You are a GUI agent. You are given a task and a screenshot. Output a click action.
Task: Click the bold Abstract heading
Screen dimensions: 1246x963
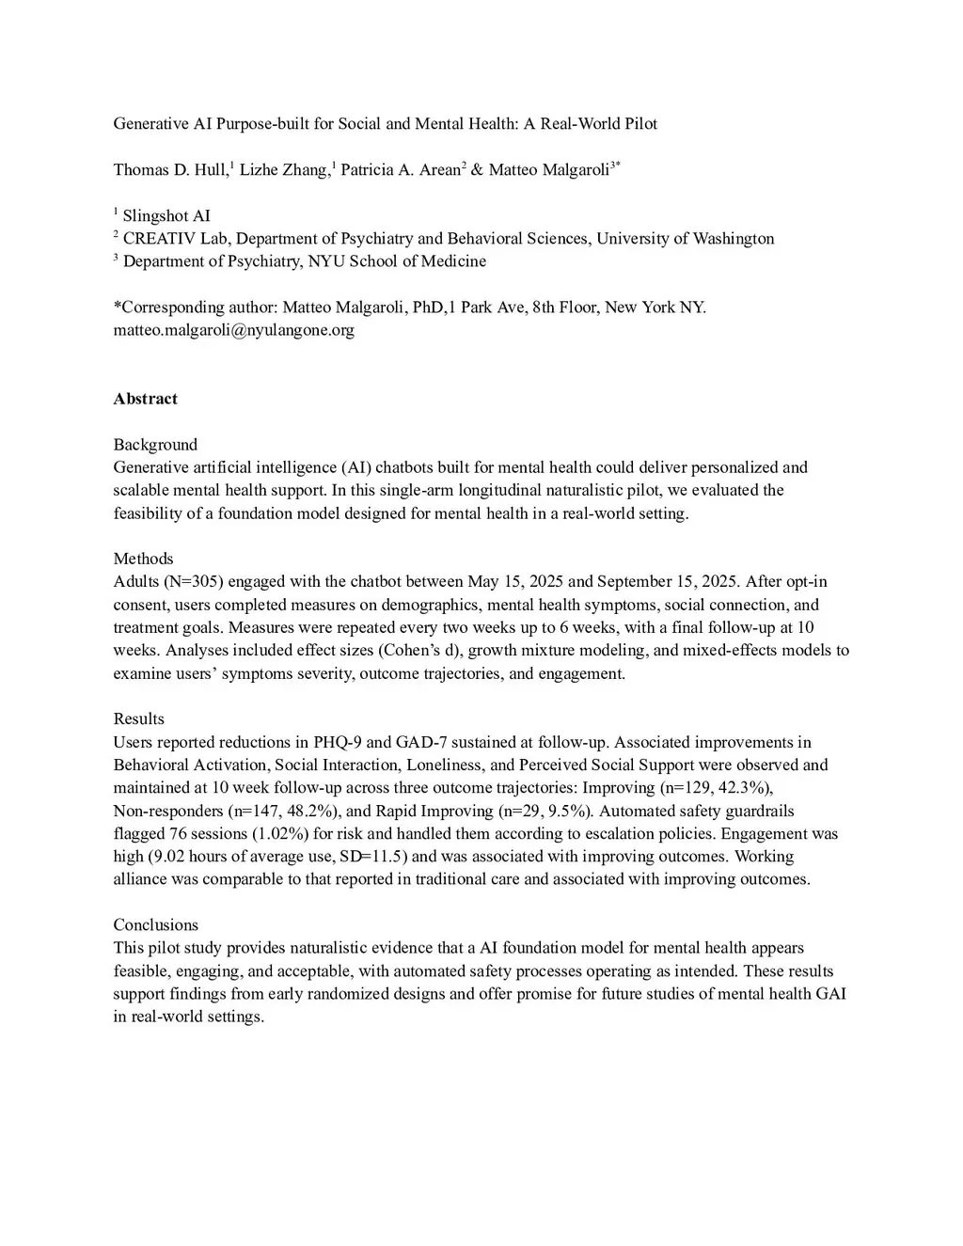(x=145, y=399)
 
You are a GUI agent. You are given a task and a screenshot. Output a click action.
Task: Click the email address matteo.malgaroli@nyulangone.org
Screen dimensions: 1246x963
(x=233, y=330)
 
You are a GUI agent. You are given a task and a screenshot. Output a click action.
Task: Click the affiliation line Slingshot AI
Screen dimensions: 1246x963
(x=166, y=216)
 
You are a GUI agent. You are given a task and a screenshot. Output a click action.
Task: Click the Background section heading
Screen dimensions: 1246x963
(x=155, y=445)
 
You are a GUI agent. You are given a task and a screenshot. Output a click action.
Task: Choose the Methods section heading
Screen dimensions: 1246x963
(x=143, y=559)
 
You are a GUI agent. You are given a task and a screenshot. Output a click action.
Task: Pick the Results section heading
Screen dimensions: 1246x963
(x=138, y=719)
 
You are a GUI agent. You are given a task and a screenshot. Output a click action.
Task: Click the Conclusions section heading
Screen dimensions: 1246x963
(x=155, y=925)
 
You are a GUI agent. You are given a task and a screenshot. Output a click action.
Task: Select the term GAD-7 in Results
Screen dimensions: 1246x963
(x=409, y=743)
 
